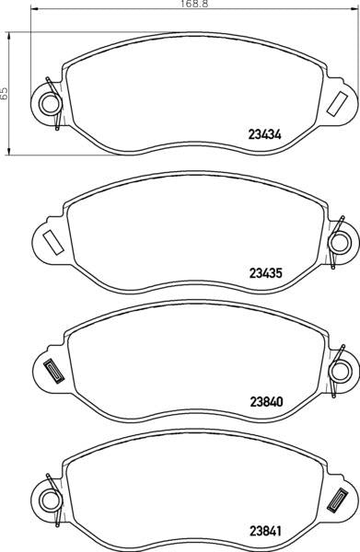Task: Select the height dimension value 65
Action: [6, 92]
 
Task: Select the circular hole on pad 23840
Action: [339, 371]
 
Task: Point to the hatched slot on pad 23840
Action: [52, 371]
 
